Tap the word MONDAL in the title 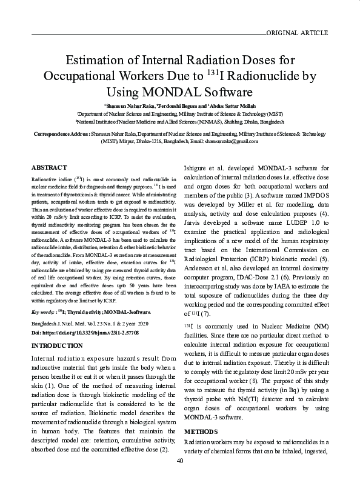click(169, 92)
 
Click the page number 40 click(180, 461)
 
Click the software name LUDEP click(291, 223)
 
